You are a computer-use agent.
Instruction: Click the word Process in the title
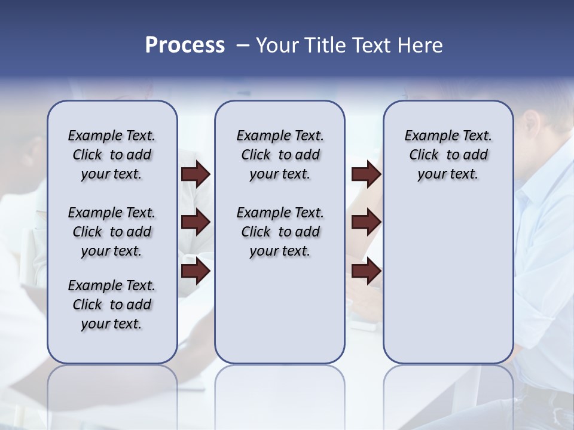pyautogui.click(x=185, y=45)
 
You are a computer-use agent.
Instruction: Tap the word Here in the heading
pyautogui.click(x=420, y=45)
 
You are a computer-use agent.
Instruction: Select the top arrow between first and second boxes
pyautogui.click(x=196, y=174)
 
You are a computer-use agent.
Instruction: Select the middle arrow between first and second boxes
pyautogui.click(x=196, y=223)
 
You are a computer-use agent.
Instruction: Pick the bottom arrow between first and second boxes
pyautogui.click(x=196, y=272)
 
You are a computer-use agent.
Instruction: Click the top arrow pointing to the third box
pyautogui.click(x=366, y=174)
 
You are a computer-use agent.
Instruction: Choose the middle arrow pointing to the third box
pyautogui.click(x=366, y=223)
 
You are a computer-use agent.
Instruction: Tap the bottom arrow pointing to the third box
pyautogui.click(x=366, y=272)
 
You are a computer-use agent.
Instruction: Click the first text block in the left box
pyautogui.click(x=112, y=155)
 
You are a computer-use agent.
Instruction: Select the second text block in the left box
pyautogui.click(x=112, y=232)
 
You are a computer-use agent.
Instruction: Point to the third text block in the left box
pyautogui.click(x=112, y=305)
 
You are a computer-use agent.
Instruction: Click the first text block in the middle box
pyautogui.click(x=280, y=155)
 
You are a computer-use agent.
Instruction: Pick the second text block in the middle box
pyautogui.click(x=280, y=232)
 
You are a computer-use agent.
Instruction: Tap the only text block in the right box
pyautogui.click(x=448, y=155)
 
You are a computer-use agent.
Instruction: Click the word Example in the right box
pyautogui.click(x=427, y=136)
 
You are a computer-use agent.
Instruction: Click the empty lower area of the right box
pyautogui.click(x=448, y=281)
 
